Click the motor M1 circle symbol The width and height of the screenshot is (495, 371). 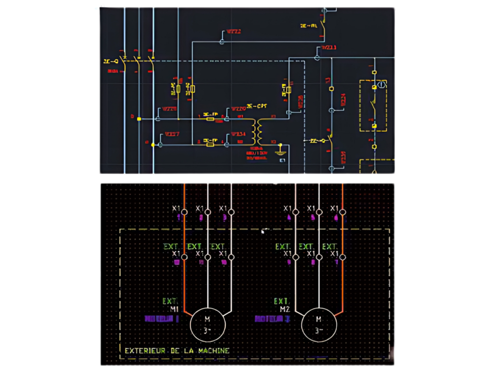[207, 325]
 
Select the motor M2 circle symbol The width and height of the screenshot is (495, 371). [318, 325]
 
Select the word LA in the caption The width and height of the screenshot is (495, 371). [186, 351]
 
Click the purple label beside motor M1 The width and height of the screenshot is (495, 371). [162, 319]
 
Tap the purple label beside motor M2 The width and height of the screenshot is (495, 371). [272, 319]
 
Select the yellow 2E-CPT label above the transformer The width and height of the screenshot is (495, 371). [257, 106]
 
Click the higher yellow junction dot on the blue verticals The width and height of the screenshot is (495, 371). [139, 118]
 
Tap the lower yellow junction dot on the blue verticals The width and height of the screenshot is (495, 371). [153, 144]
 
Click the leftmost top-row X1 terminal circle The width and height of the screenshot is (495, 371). [184, 212]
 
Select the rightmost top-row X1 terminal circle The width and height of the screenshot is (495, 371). [342, 212]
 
